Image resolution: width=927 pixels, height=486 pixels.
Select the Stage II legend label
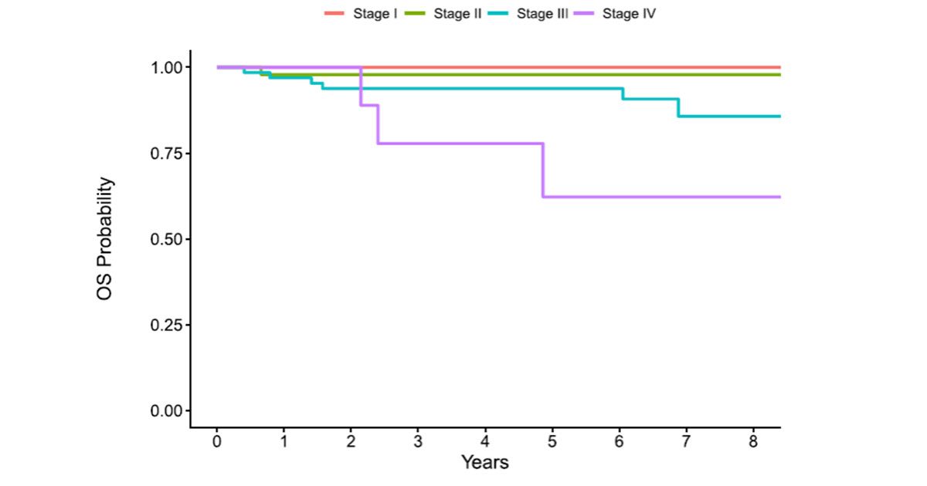pos(457,13)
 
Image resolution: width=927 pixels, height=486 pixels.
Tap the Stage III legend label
pos(544,13)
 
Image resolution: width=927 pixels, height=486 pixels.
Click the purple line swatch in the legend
pos(586,13)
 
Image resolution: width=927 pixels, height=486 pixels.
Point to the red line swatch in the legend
pos(334,13)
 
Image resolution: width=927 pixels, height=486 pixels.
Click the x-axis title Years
pos(485,463)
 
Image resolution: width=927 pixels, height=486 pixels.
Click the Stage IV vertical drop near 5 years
pos(543,170)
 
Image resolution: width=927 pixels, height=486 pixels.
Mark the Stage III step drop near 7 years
pos(678,107)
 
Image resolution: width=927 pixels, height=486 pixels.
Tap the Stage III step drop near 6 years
pos(623,93)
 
